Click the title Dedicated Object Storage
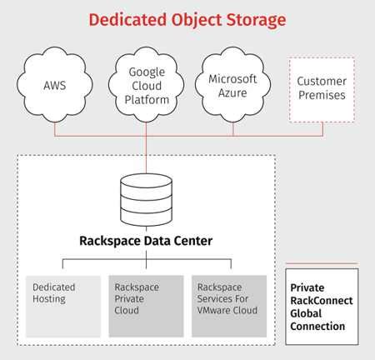pyautogui.click(x=187, y=18)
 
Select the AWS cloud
pyautogui.click(x=55, y=84)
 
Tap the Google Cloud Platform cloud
pyautogui.click(x=147, y=85)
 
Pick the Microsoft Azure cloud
pyautogui.click(x=233, y=84)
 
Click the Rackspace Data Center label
pyautogui.click(x=147, y=242)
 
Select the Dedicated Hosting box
pyautogui.click(x=62, y=305)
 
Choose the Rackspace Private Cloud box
pyautogui.click(x=146, y=305)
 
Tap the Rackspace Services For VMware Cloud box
pyautogui.click(x=229, y=305)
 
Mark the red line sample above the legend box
pyautogui.click(x=322, y=263)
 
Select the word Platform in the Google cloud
pyautogui.click(x=147, y=100)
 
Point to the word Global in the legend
pyautogui.click(x=307, y=314)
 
